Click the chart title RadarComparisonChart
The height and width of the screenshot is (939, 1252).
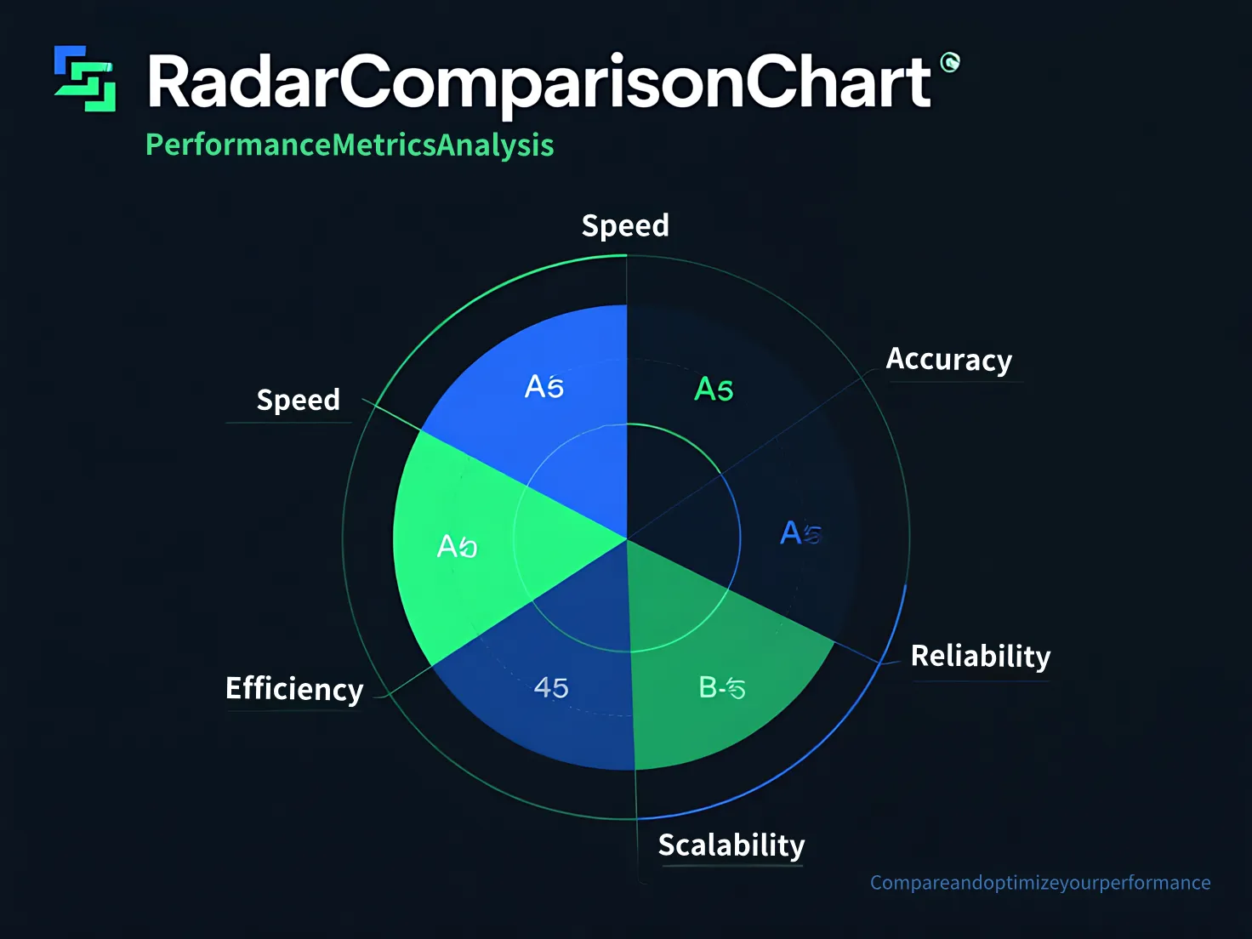(x=539, y=83)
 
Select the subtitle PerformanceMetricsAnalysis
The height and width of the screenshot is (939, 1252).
(x=350, y=145)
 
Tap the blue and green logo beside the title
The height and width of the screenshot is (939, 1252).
(x=85, y=78)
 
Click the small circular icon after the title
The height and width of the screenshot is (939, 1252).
(x=950, y=61)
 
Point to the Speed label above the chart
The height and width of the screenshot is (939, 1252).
(x=625, y=225)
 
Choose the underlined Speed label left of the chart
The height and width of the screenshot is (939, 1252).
(x=298, y=400)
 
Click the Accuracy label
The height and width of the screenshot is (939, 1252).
(x=948, y=360)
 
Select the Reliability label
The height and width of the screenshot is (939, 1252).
(x=980, y=657)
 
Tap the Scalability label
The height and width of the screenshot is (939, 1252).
(x=731, y=845)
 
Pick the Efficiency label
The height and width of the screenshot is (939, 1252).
(x=294, y=689)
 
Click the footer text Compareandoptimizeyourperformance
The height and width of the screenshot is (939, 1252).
(x=1039, y=883)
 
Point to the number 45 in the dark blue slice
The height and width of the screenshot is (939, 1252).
(x=551, y=687)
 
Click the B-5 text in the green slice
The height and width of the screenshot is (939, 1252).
(x=722, y=687)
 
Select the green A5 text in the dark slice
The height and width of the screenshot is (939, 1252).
(x=714, y=390)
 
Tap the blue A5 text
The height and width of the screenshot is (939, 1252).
(x=800, y=533)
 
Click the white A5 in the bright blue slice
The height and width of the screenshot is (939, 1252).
(x=544, y=387)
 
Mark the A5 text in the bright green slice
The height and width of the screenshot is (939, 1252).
(x=457, y=546)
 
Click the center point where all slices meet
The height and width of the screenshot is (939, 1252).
(x=627, y=538)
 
